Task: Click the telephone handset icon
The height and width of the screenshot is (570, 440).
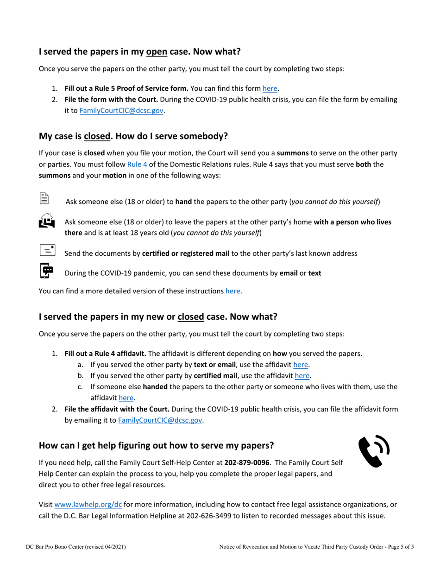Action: tap(373, 451)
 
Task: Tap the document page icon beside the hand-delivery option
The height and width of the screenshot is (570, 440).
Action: tap(44, 198)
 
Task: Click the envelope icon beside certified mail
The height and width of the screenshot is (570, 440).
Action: tap(47, 250)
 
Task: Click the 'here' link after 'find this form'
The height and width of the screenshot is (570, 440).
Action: tap(270, 88)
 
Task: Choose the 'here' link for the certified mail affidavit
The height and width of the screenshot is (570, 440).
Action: tap(302, 375)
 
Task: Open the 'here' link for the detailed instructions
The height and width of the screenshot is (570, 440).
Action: tap(233, 291)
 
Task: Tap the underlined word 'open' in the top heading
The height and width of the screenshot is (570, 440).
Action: tap(157, 51)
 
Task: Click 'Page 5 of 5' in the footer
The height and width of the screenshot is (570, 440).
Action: tap(400, 547)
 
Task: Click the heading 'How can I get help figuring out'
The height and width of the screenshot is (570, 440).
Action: tap(156, 445)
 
